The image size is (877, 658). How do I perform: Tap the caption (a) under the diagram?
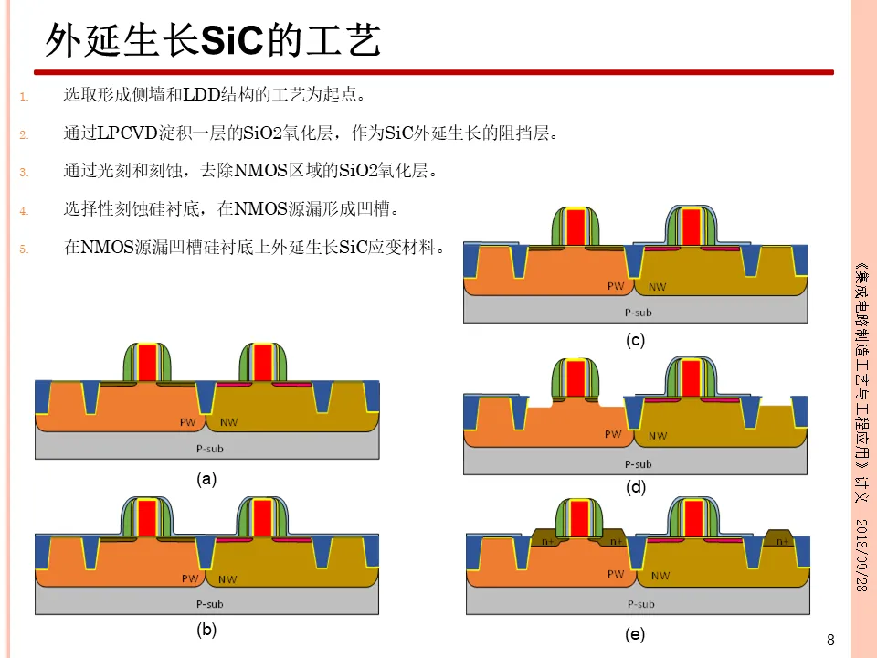click(x=207, y=478)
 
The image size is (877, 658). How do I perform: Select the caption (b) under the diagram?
click(x=207, y=631)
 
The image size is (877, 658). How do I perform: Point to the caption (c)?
click(x=636, y=340)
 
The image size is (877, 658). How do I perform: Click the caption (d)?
click(x=636, y=487)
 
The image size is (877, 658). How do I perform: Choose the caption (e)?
click(x=636, y=634)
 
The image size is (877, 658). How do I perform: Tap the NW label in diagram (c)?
click(x=657, y=287)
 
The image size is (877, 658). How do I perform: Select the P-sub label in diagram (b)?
click(x=209, y=603)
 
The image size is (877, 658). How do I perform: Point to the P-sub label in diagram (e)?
click(x=640, y=604)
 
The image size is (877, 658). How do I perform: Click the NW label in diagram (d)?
click(x=657, y=435)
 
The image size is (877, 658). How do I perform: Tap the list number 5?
click(x=25, y=248)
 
